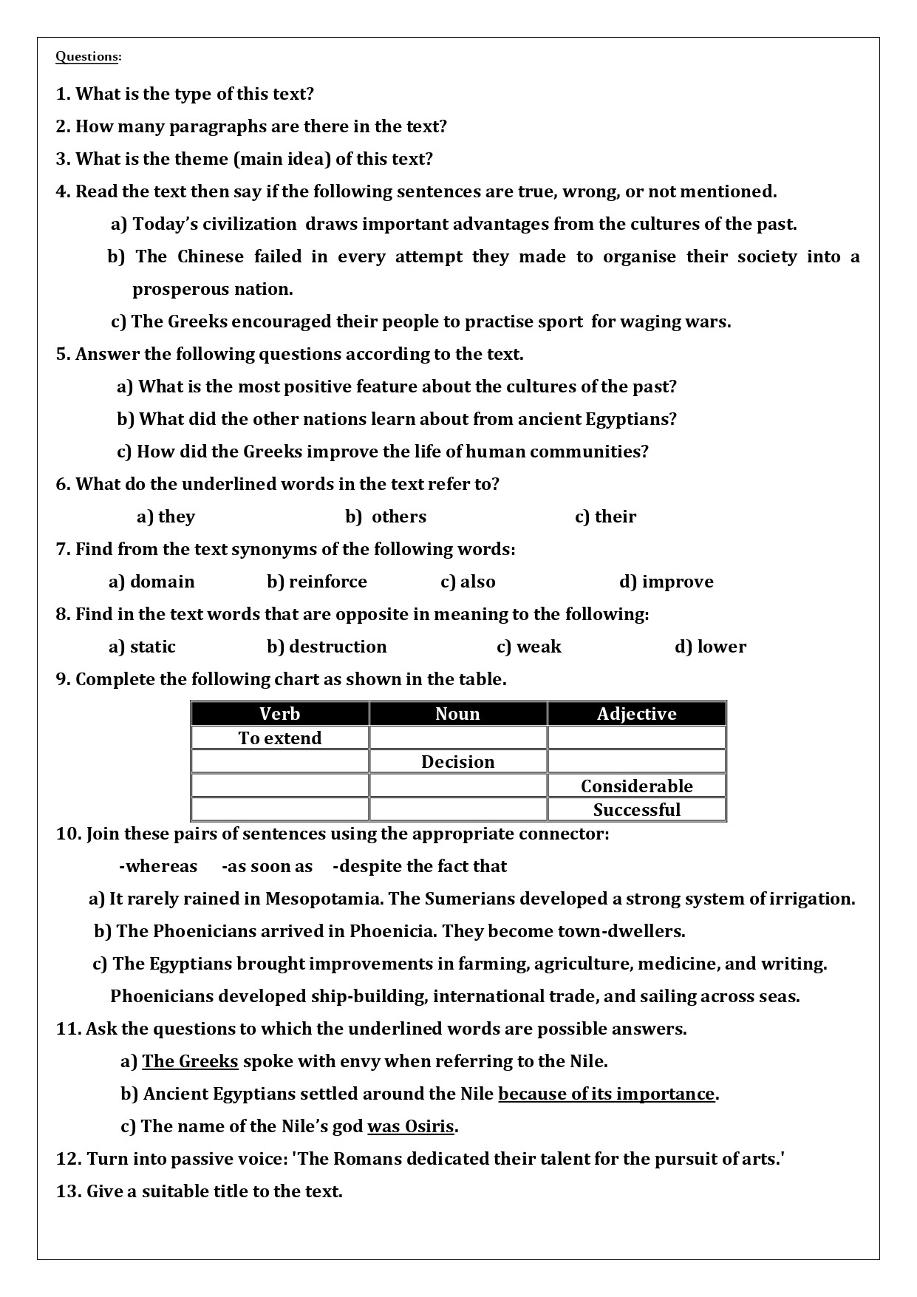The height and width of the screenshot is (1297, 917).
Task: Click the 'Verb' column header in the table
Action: tap(279, 714)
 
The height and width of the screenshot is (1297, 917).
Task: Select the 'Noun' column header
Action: tap(457, 714)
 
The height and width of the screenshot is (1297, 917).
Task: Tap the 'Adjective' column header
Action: tap(636, 714)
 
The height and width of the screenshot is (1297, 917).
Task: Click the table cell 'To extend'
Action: tap(280, 738)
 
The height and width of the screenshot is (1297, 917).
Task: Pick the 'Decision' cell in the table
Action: tap(457, 762)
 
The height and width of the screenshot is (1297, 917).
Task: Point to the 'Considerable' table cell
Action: tap(636, 786)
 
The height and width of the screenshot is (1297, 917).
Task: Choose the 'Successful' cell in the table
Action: tap(636, 810)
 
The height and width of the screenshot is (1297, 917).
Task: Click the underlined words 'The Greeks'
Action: tap(190, 1062)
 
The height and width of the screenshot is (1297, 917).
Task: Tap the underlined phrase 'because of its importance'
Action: tap(607, 1095)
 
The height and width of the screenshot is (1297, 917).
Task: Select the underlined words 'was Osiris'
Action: tap(411, 1127)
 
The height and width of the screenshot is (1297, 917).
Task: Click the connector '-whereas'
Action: tap(158, 866)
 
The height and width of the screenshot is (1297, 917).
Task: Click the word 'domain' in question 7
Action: tap(162, 582)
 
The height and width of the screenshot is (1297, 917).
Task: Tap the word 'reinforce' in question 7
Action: tap(327, 582)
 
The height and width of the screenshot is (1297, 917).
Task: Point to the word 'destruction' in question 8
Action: tap(338, 647)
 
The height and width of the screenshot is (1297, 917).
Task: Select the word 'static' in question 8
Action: tap(152, 647)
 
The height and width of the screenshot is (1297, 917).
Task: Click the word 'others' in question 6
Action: tap(399, 517)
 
